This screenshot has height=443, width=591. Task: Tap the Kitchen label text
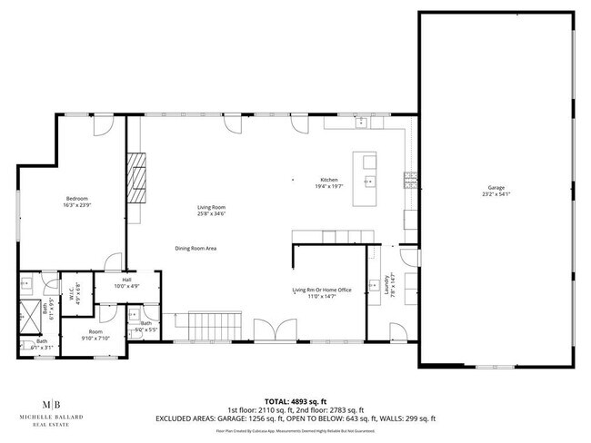click(328, 180)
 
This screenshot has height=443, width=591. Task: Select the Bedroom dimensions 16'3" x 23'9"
click(76, 204)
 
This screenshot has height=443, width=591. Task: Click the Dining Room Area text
click(195, 248)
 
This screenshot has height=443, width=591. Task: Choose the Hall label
click(126, 280)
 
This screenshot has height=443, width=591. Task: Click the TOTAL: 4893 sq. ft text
click(295, 399)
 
